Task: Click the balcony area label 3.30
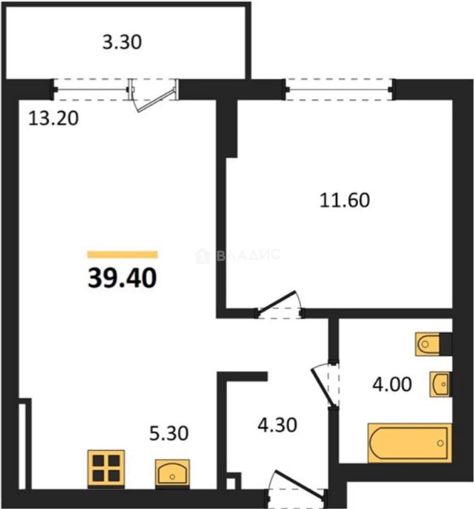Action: click(122, 42)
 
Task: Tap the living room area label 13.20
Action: click(53, 118)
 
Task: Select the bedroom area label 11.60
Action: click(345, 200)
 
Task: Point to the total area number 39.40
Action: click(123, 278)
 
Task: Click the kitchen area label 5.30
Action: click(169, 434)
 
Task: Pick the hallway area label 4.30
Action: click(277, 425)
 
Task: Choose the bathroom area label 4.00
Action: click(392, 385)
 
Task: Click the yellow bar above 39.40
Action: click(123, 254)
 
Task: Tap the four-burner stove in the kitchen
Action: click(106, 468)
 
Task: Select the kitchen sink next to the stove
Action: click(172, 473)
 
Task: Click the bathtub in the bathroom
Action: click(410, 443)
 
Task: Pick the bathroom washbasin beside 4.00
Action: click(441, 384)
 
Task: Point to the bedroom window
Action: click(339, 89)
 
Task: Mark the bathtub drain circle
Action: click(441, 443)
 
